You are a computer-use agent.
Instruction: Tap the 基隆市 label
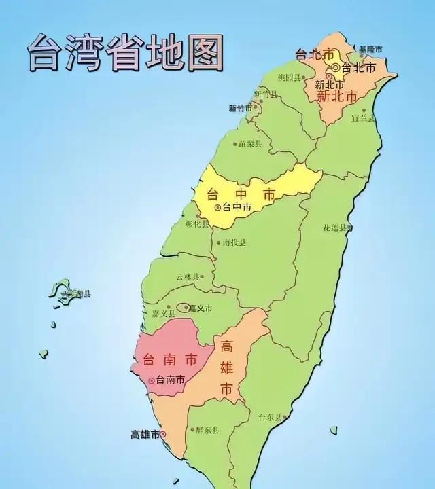point(371,50)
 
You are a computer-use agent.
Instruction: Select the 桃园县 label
point(290,77)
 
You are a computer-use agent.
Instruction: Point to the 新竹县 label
point(266,94)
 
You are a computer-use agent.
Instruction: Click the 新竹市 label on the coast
point(241,108)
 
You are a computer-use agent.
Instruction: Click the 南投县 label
point(234,242)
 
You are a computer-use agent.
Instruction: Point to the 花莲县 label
point(335,228)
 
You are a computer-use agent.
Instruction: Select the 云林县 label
point(188,277)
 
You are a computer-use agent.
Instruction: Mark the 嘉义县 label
point(164,313)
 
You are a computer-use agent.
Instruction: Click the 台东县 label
point(270,417)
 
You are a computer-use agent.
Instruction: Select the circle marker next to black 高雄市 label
point(163,435)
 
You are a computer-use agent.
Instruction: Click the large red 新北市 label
point(337,96)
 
